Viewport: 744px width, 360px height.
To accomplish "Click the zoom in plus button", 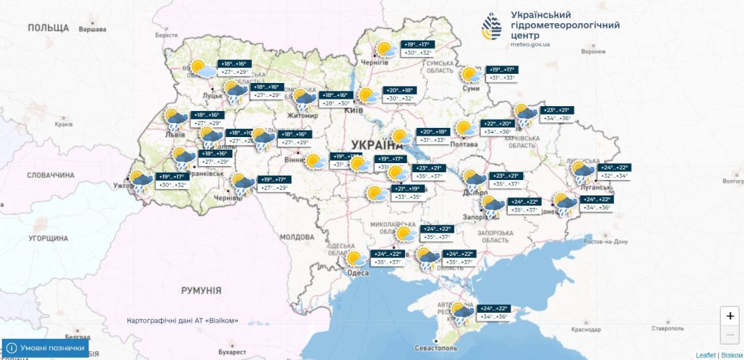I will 731,316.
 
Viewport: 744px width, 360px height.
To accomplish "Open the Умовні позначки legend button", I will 46,348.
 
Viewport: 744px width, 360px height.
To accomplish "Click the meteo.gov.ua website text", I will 530,44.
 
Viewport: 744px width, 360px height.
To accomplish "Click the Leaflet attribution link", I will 705,355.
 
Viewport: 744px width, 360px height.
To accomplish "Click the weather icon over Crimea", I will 462,313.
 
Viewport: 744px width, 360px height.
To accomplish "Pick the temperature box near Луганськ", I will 613,172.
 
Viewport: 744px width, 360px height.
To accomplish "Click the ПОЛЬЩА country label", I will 49,27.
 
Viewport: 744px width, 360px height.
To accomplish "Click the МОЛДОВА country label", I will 297,237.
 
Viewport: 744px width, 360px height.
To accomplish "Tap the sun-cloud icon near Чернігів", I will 385,51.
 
